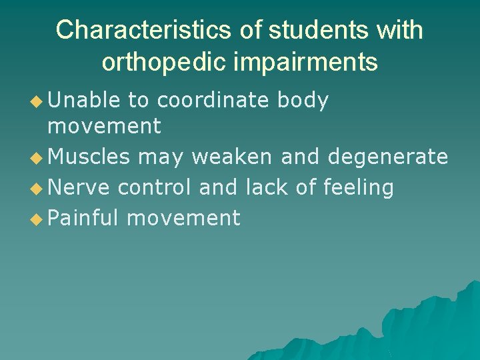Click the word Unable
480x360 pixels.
coord(84,100)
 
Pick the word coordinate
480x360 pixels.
coord(212,100)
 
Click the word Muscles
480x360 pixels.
coord(89,157)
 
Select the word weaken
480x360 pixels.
coord(231,157)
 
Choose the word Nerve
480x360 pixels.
coord(79,187)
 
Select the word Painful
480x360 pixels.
coord(84,218)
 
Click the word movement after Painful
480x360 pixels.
coord(183,218)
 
